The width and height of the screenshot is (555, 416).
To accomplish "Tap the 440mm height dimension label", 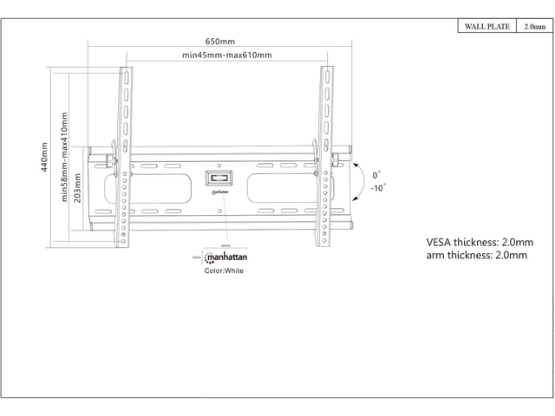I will pyautogui.click(x=44, y=158).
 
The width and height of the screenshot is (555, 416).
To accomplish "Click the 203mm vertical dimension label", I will pyautogui.click(x=78, y=185).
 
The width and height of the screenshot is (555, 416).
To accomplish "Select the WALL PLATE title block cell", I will pyautogui.click(x=485, y=27).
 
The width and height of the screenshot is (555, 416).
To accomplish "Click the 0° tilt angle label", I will pyautogui.click(x=377, y=174).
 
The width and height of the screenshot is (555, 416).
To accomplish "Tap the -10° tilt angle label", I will pyautogui.click(x=378, y=187).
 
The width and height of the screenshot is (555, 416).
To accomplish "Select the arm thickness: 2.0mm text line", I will pyautogui.click(x=476, y=256).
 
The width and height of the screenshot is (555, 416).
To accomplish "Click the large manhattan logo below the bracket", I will pyautogui.click(x=225, y=258).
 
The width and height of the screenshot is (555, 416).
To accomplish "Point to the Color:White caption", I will pyautogui.click(x=224, y=271).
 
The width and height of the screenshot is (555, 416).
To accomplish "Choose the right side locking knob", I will pyautogui.click(x=340, y=160).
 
